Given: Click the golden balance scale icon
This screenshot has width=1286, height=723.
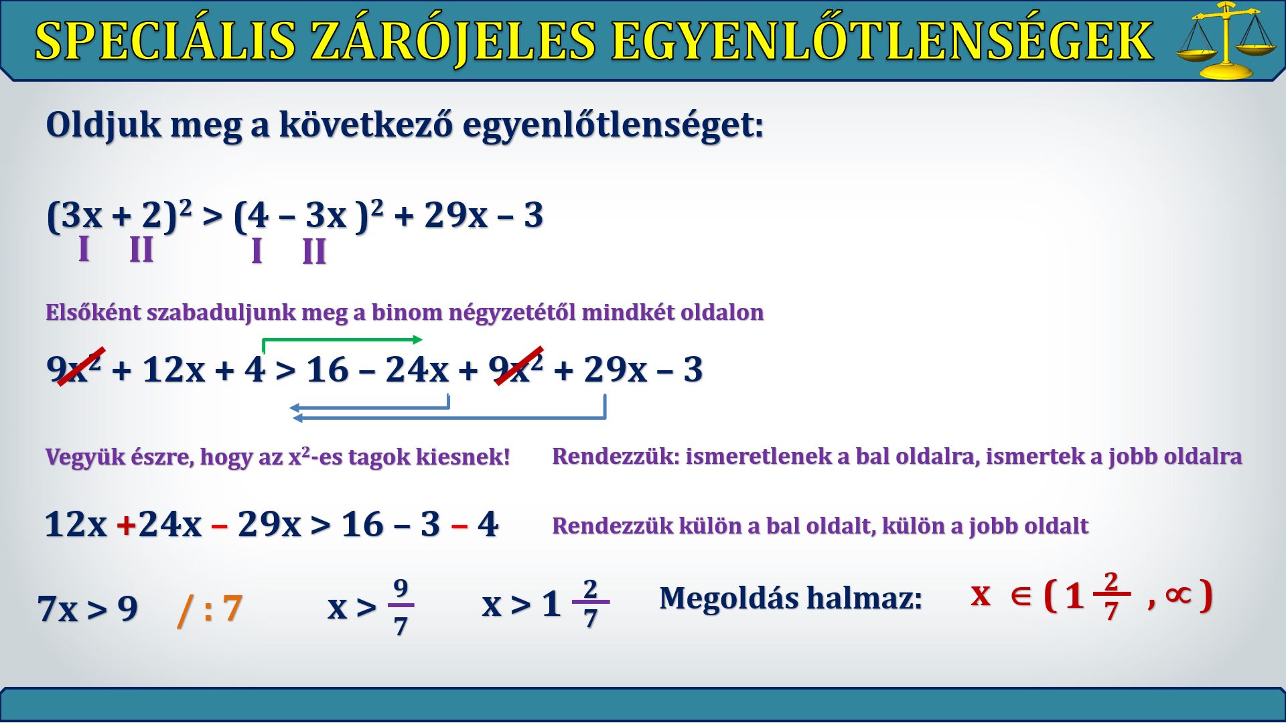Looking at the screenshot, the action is pos(1226,40).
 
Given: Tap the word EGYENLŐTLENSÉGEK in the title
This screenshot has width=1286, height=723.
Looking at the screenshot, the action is pos(882,40).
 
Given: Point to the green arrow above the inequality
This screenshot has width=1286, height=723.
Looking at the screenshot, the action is pos(342,342).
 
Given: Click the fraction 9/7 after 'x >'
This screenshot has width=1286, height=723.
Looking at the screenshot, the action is pos(401,607).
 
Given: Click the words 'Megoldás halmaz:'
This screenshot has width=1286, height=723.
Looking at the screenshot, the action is pos(790,598).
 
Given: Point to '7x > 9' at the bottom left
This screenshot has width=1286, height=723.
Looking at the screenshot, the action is pos(88,609).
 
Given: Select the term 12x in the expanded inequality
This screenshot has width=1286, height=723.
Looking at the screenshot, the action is pos(173,370).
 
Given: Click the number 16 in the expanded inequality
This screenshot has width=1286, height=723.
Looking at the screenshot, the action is pos(328,370).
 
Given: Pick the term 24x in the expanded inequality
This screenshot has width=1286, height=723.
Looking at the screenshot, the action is pos(417,370).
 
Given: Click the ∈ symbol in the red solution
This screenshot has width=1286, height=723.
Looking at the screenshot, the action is pos(1021,595).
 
